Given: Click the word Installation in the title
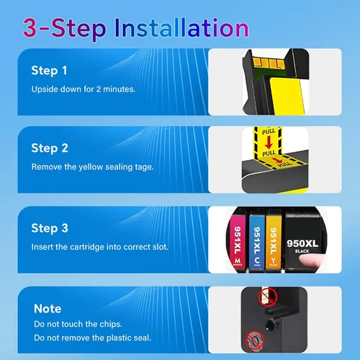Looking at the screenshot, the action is click(181, 28).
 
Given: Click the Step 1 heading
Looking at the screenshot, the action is click(49, 71).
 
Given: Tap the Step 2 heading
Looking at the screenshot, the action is click(50, 148).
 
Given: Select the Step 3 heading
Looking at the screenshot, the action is click(50, 228).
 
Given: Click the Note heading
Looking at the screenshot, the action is click(48, 308).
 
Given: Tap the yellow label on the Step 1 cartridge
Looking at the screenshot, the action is click(287, 96).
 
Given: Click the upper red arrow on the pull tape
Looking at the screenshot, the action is click(269, 143).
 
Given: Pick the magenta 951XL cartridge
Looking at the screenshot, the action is click(238, 241).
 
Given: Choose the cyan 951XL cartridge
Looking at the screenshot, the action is click(257, 241).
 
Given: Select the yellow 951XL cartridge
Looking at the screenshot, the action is click(274, 241).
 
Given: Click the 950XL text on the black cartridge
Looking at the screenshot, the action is click(302, 243).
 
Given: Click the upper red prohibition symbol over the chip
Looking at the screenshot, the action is click(268, 297).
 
